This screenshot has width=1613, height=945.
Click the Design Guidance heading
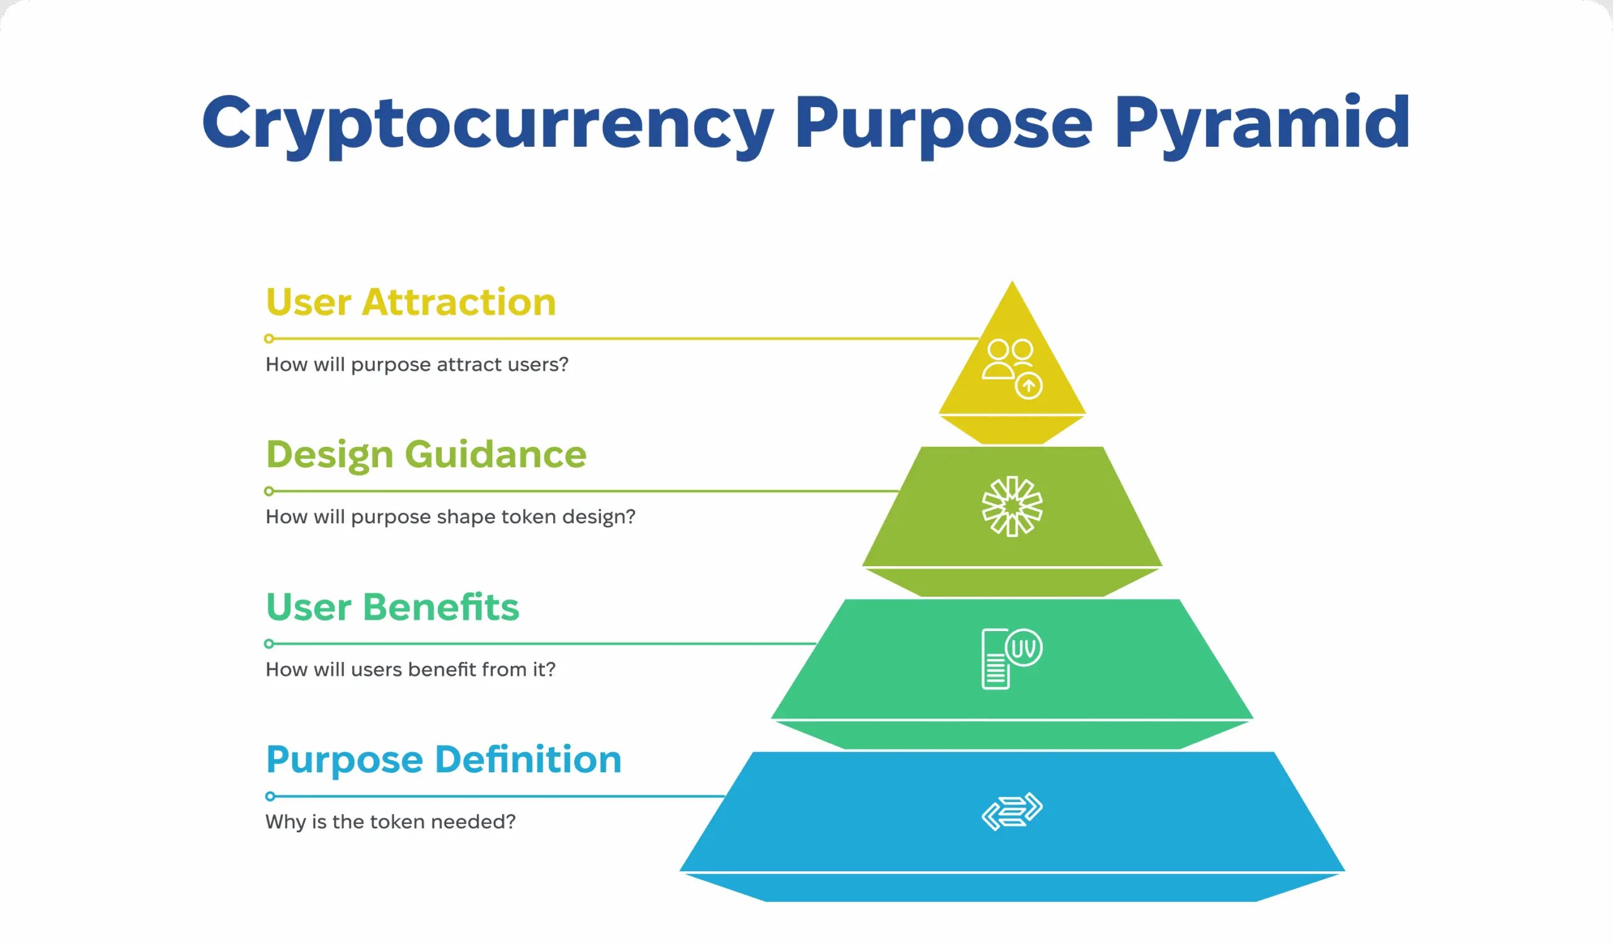click(427, 456)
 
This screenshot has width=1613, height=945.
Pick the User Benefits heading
click(393, 607)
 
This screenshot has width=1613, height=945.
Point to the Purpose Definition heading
click(444, 761)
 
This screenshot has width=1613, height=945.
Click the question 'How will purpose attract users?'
click(416, 365)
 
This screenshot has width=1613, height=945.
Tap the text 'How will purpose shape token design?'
click(450, 518)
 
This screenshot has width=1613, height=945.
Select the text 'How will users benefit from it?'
click(410, 670)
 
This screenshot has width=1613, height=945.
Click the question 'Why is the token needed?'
click(391, 822)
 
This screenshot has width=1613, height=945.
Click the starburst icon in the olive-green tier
click(1012, 506)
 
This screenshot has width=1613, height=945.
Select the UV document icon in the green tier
click(1012, 659)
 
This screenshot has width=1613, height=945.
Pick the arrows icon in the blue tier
click(1012, 812)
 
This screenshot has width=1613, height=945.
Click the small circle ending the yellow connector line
click(270, 339)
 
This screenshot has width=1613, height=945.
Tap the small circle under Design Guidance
click(270, 491)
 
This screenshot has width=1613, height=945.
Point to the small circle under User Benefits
click(270, 644)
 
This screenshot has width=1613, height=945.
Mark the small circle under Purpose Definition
click(270, 796)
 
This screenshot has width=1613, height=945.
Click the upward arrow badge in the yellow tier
click(1029, 385)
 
